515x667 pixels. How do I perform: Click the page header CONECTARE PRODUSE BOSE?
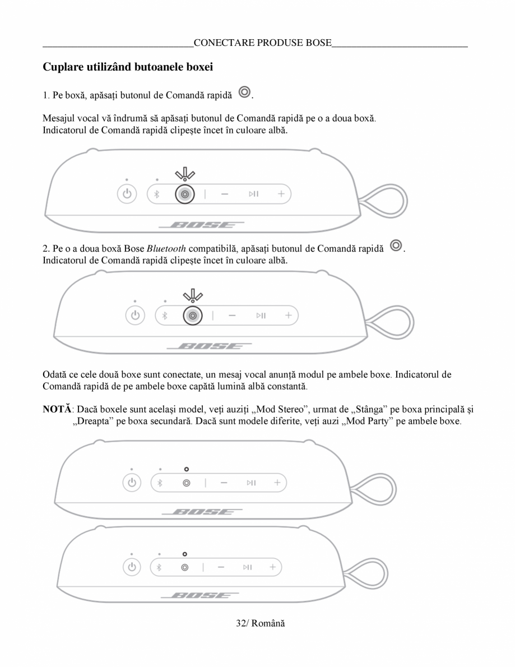pos(262,43)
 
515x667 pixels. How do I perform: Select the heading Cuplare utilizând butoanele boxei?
pos(128,67)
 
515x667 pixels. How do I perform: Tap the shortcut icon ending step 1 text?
pos(244,92)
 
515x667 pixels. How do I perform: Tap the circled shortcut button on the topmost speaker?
pos(184,194)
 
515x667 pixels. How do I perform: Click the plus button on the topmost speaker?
pos(281,194)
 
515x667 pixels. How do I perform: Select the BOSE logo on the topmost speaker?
pos(201,226)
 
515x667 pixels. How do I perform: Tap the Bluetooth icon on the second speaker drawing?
pos(164,316)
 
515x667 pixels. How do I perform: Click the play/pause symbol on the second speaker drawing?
pos(261,316)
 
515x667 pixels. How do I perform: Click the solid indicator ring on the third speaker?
pos(186,469)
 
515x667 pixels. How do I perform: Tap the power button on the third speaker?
pos(131,483)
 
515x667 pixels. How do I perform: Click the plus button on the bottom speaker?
pos(273,567)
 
